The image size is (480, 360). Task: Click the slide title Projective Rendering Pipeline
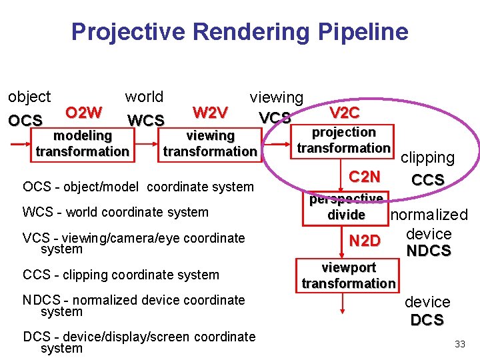239,31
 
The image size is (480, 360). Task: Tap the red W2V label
210,111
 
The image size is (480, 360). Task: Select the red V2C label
345,113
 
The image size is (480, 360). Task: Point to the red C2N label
365,177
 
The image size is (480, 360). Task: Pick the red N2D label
365,241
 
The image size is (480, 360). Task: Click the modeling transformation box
83,143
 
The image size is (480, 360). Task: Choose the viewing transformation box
210,143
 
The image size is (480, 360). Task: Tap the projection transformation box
344,140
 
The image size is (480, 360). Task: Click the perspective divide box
346,207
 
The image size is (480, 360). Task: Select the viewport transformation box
348,275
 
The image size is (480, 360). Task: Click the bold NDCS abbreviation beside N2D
429,251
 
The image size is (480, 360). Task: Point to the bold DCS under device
427,320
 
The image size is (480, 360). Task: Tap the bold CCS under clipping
428,180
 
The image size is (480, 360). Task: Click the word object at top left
29,97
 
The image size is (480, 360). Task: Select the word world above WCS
144,97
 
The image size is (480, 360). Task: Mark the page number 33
459,344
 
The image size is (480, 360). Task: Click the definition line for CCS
121,275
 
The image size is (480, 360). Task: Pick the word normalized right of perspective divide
429,215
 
